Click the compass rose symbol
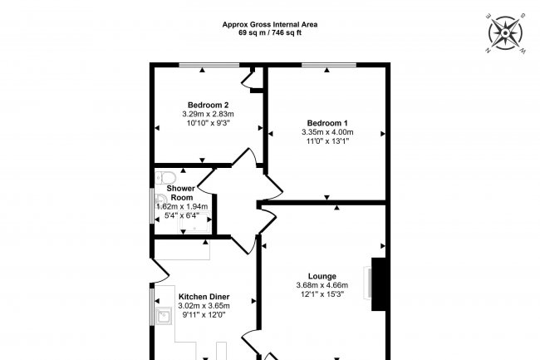(505, 33)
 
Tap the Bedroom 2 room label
(208, 105)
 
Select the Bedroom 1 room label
(327, 123)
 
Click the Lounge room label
(322, 276)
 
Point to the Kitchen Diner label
(204, 297)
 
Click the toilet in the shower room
(165, 178)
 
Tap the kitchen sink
(164, 316)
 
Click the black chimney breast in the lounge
(378, 284)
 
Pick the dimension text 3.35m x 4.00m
(327, 132)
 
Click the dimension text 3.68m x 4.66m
(322, 285)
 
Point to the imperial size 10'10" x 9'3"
(208, 123)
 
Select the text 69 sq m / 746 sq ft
(270, 33)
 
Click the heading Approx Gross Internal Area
(270, 24)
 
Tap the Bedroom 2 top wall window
(209, 65)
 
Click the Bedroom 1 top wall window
(329, 65)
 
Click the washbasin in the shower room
(160, 200)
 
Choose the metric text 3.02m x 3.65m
(204, 306)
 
